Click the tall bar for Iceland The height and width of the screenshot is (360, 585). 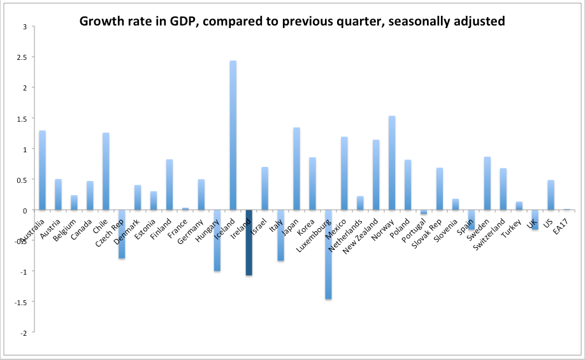tap(233, 135)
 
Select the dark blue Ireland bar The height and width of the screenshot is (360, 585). tap(249, 243)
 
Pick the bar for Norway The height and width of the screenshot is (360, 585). tap(392, 163)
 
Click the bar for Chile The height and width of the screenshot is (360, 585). tap(106, 171)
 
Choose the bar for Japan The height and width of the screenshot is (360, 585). tap(297, 169)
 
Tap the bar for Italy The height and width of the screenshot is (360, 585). tap(281, 235)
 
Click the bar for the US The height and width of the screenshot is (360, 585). tap(551, 195)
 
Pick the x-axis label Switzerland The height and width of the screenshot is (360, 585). tap(493, 233)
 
